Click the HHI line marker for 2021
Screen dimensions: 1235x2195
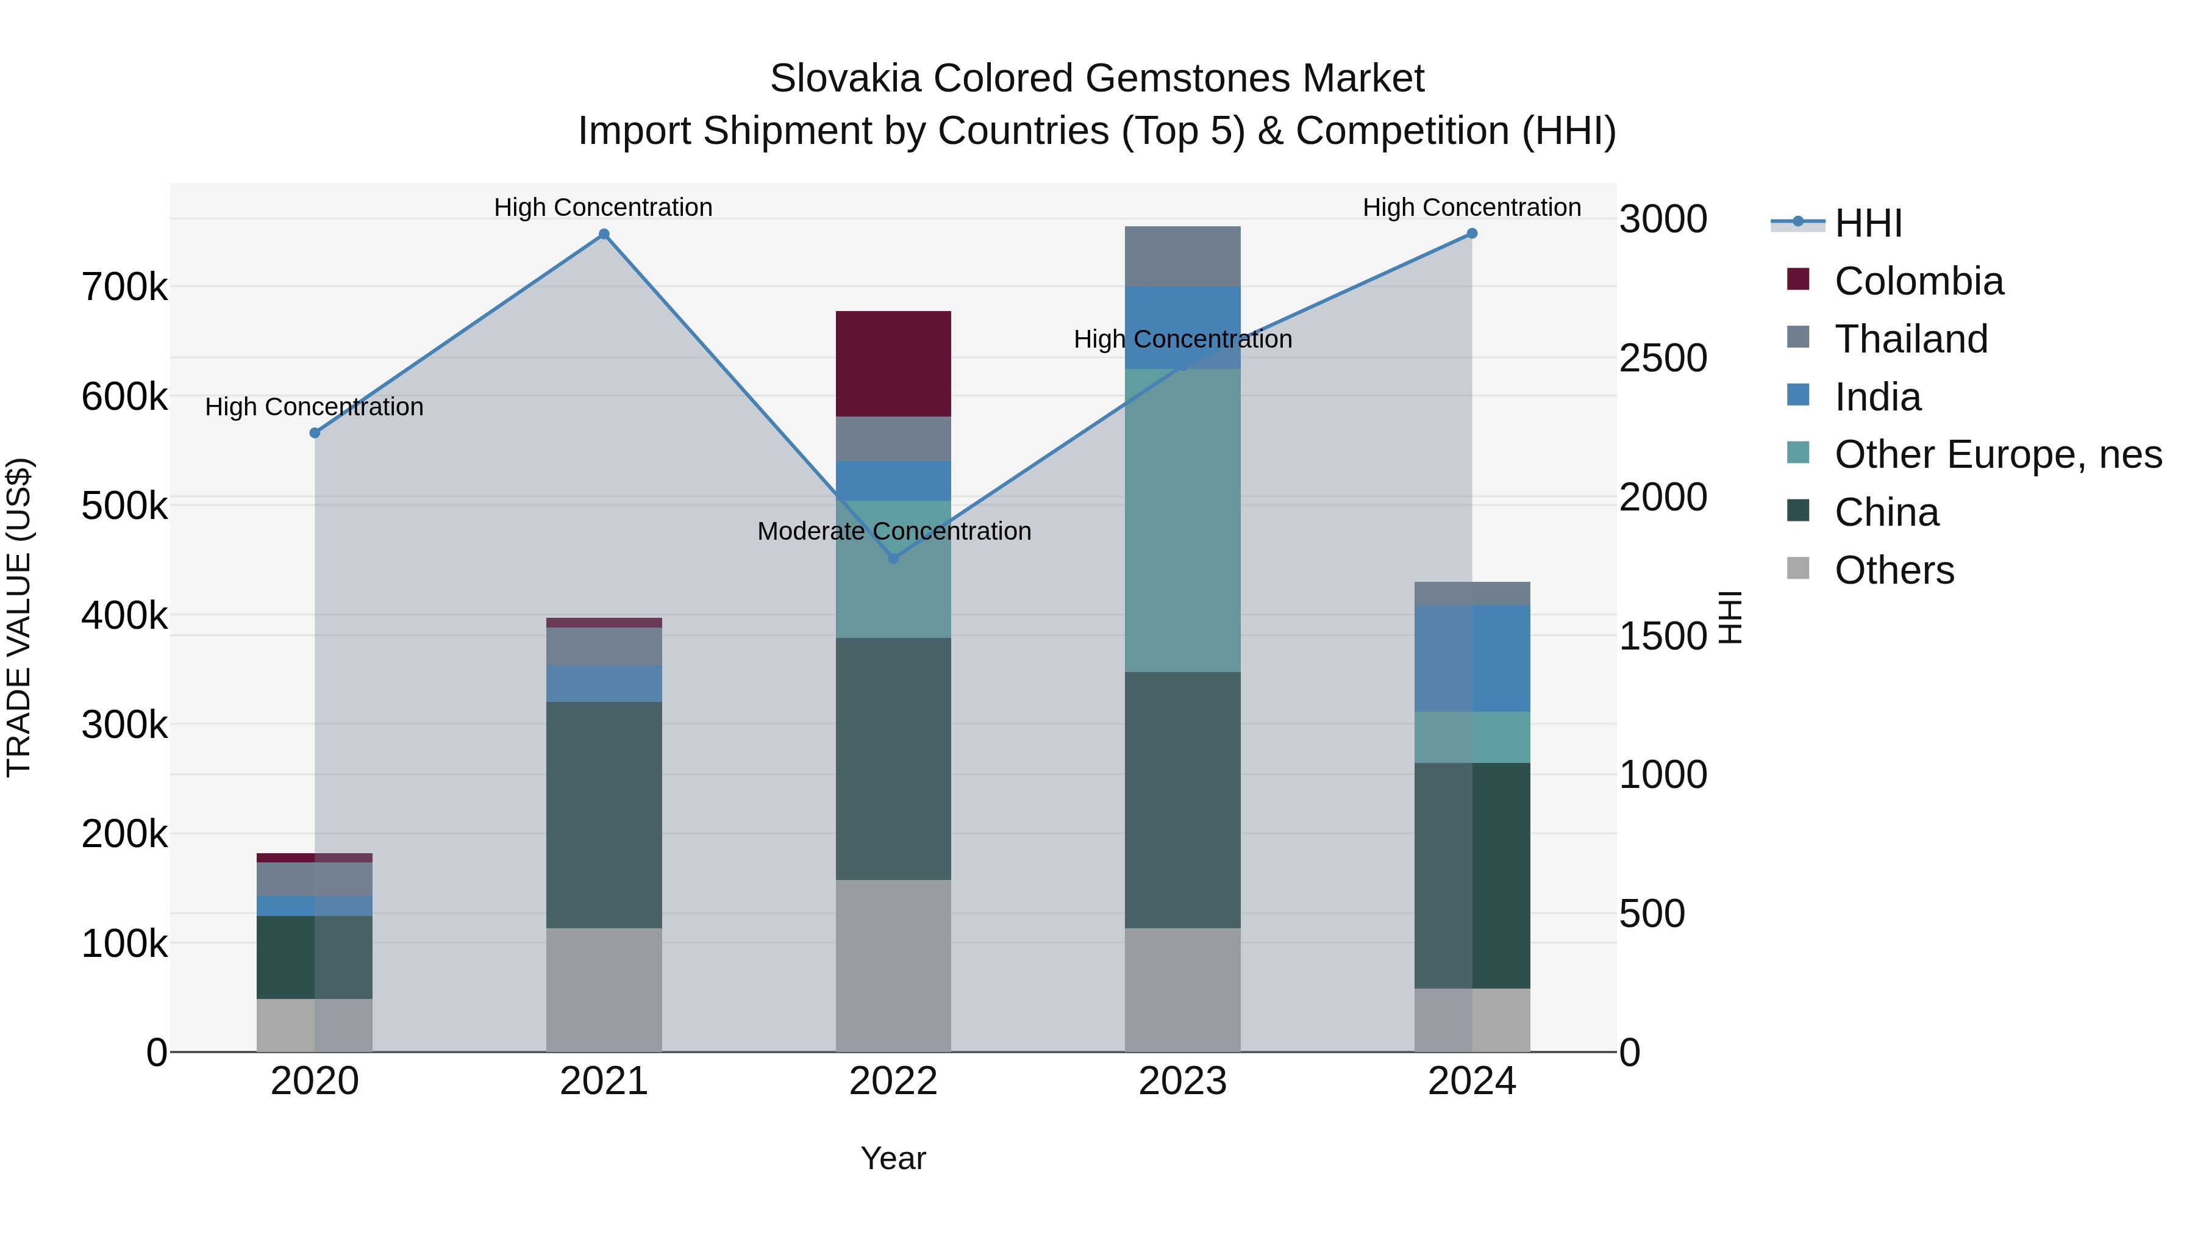click(x=603, y=234)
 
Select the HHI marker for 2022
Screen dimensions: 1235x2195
click(x=893, y=558)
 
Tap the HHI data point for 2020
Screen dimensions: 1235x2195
click(x=315, y=433)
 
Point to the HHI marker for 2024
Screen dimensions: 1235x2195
click(x=1472, y=234)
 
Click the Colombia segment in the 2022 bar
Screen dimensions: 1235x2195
click(x=893, y=364)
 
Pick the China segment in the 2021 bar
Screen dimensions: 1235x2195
click(x=603, y=814)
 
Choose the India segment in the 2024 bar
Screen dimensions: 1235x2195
click(x=1472, y=658)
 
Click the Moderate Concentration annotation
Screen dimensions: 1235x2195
click(x=894, y=531)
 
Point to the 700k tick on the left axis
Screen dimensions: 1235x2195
click(x=124, y=287)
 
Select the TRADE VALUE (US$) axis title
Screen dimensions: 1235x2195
click(x=19, y=617)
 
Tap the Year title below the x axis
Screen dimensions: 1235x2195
click(x=893, y=1158)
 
